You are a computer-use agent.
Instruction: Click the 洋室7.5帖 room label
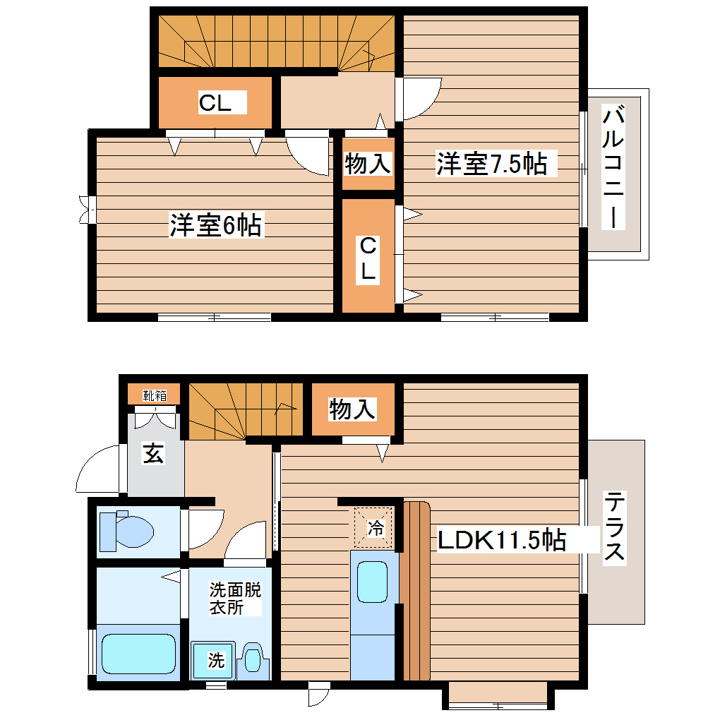coord(491,164)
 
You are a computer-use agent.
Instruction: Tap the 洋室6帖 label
coord(215,226)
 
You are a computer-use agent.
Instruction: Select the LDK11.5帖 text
coord(502,540)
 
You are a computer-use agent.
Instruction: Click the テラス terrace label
coord(614,527)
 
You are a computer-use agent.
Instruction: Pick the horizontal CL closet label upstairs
coord(215,103)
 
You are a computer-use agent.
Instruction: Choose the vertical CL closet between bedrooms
coord(368,258)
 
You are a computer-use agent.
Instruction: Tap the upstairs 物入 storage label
coord(367,164)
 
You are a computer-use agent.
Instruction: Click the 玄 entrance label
coord(154,454)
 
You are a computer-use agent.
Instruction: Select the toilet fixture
coord(127,531)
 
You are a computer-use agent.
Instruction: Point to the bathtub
coord(138,654)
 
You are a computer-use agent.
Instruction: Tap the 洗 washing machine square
coord(215,661)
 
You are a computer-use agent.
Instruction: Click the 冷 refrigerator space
coord(375,527)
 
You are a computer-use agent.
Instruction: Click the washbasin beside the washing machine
coord(253,659)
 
